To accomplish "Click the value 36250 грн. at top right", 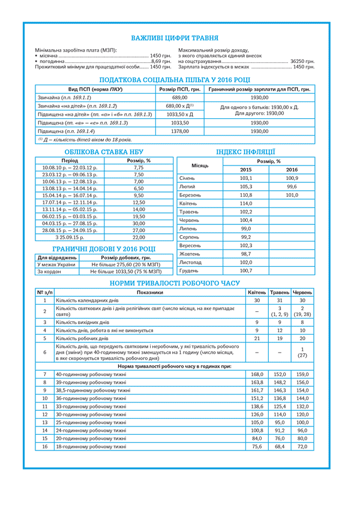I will (302, 61).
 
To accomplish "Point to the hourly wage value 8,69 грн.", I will (161, 61).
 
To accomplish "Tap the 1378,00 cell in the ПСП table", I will (179, 131).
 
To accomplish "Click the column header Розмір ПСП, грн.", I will (179, 89).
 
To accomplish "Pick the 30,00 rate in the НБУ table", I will (139, 223).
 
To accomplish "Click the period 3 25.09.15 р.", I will (70, 238).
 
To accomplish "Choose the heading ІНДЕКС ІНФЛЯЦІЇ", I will (245, 152).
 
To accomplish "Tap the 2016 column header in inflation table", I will (292, 170).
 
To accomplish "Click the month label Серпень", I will (190, 237).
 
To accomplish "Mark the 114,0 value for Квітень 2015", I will (246, 203).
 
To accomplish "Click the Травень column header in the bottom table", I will (279, 292).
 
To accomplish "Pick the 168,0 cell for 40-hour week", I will (257, 374).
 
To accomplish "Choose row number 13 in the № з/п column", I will (44, 423).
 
